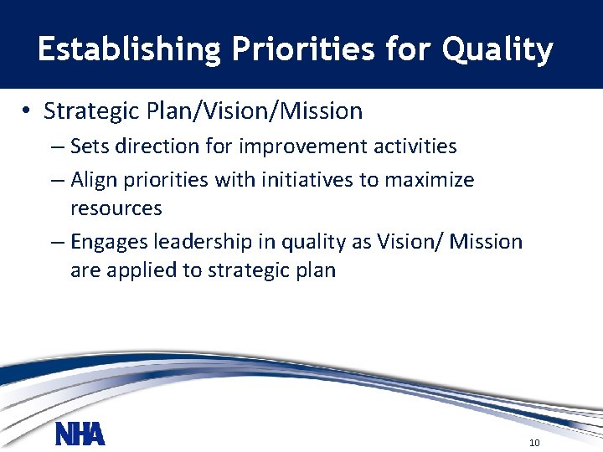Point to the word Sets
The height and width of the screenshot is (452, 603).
coord(90,146)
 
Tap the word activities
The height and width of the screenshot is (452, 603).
coord(414,146)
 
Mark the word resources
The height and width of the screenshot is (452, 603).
coord(116,208)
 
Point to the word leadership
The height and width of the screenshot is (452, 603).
coord(202,243)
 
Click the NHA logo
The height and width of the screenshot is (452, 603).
coord(80,434)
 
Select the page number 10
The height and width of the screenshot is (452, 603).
coord(535,442)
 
